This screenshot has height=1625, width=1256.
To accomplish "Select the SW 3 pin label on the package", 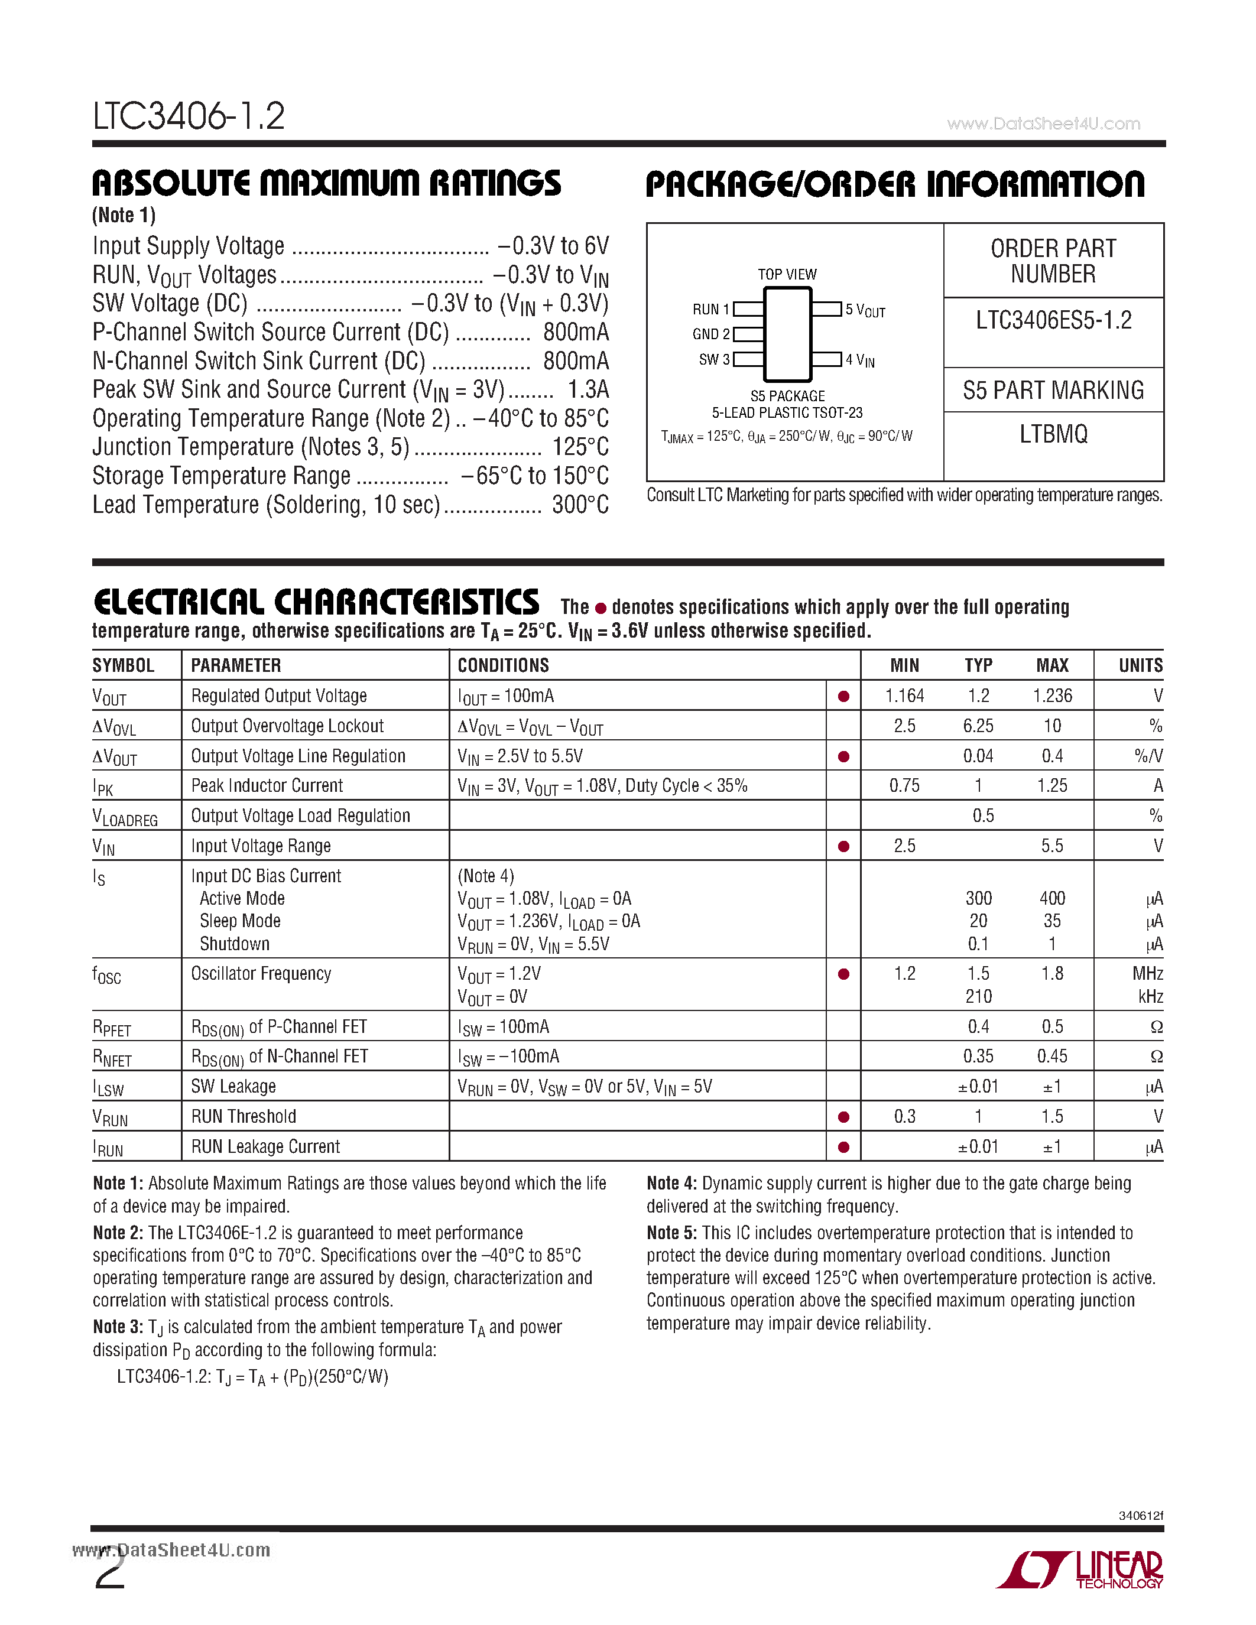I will [713, 359].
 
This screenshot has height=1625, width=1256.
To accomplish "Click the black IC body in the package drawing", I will [787, 334].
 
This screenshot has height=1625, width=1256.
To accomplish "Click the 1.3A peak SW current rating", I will [588, 389].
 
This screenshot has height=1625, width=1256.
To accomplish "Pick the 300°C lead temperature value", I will [580, 505].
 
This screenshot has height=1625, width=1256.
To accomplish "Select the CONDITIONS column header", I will [503, 665].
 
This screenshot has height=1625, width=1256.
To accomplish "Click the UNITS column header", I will [1140, 665].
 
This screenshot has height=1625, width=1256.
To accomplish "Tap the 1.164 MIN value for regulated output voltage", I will [904, 695].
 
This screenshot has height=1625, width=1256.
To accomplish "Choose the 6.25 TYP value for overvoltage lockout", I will [978, 726].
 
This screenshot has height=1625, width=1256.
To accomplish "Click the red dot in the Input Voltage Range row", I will [844, 846].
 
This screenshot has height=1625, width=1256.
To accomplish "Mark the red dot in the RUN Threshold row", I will [844, 1117].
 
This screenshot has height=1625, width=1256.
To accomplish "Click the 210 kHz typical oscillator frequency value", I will [978, 996].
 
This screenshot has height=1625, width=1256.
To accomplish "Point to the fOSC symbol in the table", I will [106, 974].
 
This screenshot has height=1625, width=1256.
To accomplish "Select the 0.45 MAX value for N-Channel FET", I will [1052, 1057].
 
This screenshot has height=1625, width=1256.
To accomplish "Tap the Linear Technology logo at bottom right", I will [1080, 1570].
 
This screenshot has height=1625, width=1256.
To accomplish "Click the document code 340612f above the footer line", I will [1140, 1516].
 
